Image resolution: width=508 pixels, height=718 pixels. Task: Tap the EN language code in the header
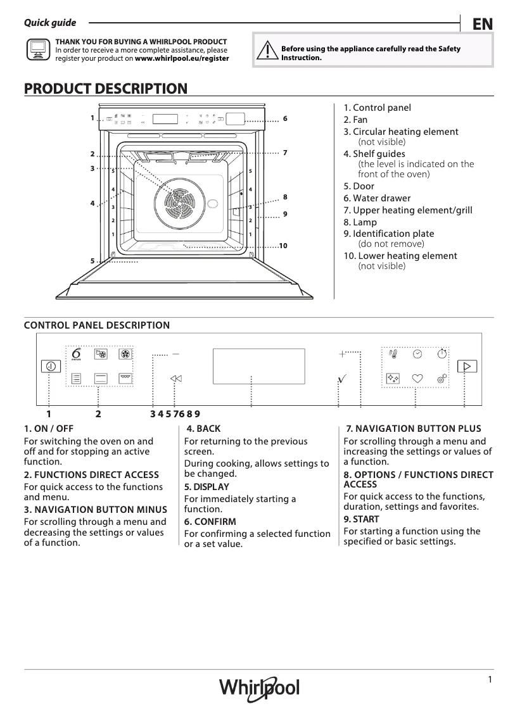482,24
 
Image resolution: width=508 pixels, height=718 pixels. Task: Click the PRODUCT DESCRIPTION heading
105,89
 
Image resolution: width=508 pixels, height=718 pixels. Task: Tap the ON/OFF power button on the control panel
50,366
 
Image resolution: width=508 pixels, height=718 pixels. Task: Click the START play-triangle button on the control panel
467,366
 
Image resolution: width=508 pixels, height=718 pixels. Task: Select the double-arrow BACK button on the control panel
176,378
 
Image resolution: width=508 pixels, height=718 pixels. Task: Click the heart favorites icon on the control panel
417,378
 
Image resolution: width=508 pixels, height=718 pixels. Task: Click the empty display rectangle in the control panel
258,365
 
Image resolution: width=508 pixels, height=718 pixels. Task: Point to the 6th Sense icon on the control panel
77,354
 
